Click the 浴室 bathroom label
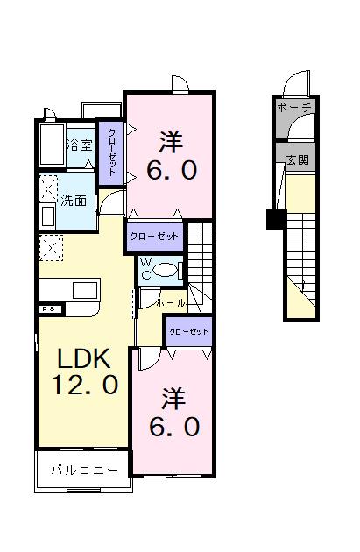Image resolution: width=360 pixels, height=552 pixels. coord(79,145)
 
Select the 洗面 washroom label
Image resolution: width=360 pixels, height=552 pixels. coord(74,200)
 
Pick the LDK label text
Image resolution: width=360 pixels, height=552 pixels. coord(83,358)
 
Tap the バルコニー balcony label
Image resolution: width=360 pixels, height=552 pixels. coord(82,471)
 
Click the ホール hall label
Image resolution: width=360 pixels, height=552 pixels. coord(171,302)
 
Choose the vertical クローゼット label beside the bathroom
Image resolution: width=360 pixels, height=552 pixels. coord(111,152)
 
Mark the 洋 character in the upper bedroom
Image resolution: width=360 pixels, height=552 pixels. coord(171,140)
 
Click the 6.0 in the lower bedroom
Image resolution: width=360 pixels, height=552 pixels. coord(173,427)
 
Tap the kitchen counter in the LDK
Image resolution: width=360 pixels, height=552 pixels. coord(71,290)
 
